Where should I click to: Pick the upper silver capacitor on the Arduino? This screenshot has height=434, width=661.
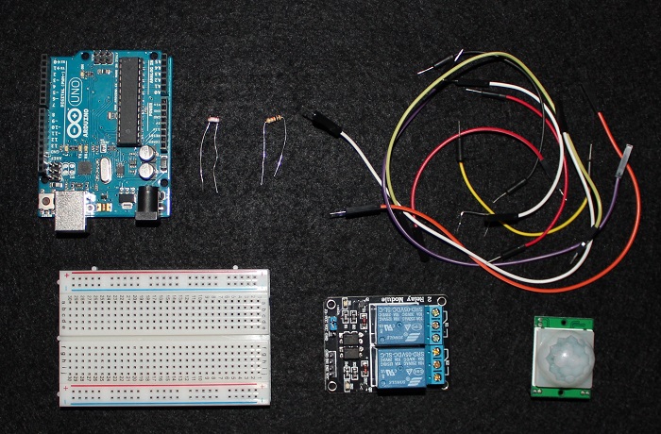(x=151, y=150)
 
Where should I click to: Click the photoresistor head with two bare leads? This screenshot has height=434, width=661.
(x=212, y=122)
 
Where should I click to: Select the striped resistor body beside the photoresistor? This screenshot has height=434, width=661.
(x=275, y=120)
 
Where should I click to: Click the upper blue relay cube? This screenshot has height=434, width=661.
(x=395, y=324)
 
